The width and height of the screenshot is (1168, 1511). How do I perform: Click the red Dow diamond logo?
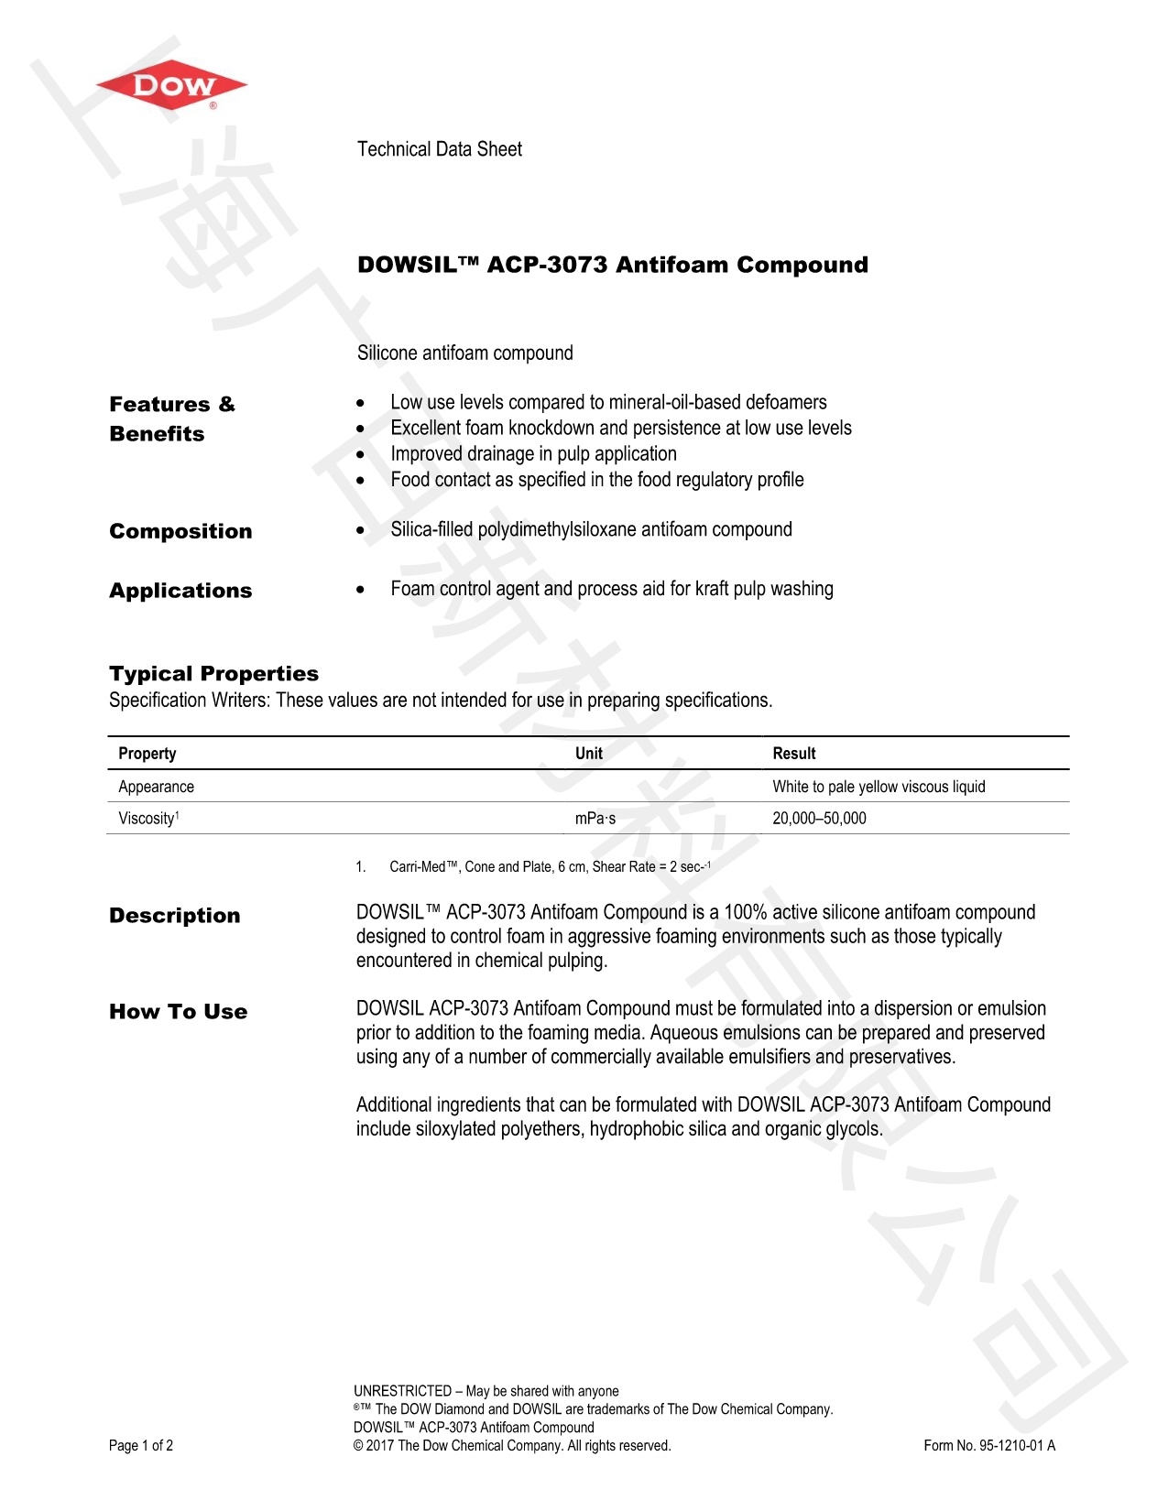click(x=171, y=86)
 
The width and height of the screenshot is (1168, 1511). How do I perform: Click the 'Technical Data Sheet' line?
click(x=439, y=149)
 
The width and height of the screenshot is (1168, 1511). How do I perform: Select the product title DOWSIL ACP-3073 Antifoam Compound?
click(x=612, y=265)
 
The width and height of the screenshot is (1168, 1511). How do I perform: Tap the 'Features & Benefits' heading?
click(x=171, y=419)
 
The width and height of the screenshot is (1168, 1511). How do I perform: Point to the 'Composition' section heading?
click(x=180, y=531)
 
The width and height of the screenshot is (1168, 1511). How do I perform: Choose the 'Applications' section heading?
click(x=180, y=591)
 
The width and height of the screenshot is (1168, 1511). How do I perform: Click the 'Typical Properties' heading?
click(x=213, y=674)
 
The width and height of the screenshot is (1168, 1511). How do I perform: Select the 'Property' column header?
click(x=147, y=754)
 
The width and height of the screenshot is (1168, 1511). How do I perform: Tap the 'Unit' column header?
click(x=588, y=754)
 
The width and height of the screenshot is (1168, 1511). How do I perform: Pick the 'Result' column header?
click(x=793, y=754)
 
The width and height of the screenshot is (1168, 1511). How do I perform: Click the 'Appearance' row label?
click(x=156, y=787)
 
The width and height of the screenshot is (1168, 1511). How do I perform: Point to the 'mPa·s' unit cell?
click(x=595, y=819)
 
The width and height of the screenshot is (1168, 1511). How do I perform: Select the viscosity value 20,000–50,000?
click(x=819, y=819)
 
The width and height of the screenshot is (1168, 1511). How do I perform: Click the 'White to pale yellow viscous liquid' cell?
click(x=879, y=787)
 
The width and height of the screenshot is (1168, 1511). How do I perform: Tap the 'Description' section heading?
click(x=174, y=916)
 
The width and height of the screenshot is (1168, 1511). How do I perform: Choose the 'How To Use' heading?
click(x=178, y=1012)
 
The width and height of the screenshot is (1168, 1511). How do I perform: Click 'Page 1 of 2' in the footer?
click(x=141, y=1446)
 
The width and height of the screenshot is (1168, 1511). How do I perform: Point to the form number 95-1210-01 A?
click(x=989, y=1446)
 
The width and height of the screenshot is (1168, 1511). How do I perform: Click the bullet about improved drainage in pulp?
click(x=533, y=454)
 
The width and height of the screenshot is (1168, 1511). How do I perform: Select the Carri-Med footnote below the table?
click(x=549, y=867)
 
